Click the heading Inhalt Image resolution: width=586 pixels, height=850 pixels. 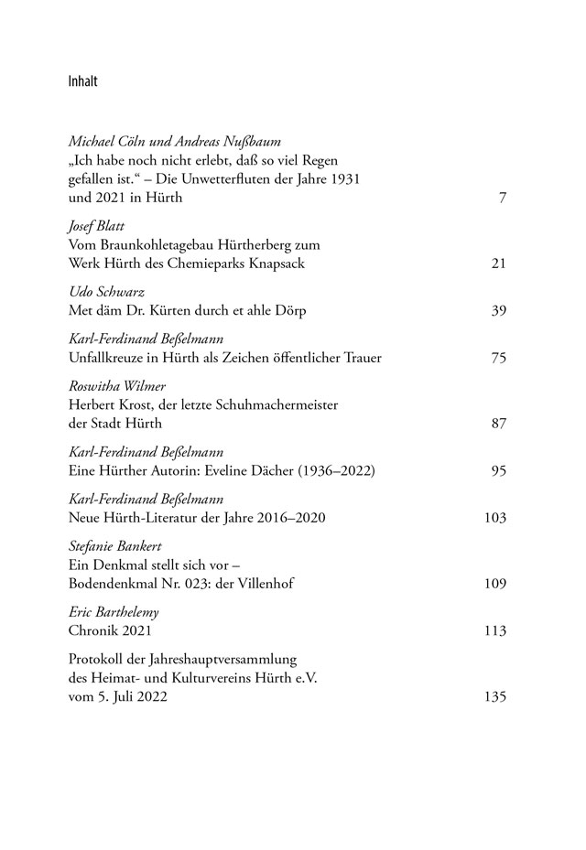coord(82,81)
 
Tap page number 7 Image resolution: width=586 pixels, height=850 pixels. coord(503,198)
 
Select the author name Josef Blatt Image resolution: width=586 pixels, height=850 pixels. coord(96,225)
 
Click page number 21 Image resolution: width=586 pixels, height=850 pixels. coord(499,264)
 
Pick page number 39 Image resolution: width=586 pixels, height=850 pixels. coord(499,310)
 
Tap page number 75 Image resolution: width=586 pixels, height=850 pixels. coord(499,358)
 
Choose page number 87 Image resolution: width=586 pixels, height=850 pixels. coord(499,425)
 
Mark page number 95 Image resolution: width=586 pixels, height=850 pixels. coord(499,471)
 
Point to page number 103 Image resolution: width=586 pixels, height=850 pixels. coord(495,518)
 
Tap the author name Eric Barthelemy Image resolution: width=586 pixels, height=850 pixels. coord(106,612)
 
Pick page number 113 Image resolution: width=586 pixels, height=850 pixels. coord(495,631)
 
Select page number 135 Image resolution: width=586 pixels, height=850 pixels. coord(495,697)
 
